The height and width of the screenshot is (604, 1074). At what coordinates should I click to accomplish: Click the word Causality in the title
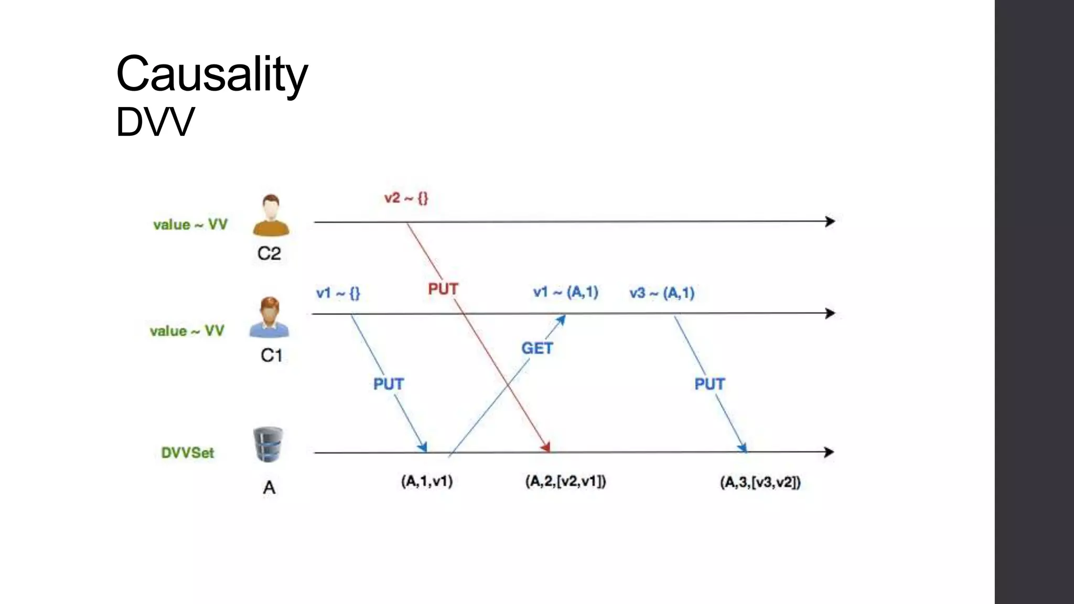(x=212, y=74)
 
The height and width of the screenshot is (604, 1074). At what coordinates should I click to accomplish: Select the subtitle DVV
(x=155, y=122)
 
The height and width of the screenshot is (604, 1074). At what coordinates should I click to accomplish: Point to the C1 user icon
(x=269, y=317)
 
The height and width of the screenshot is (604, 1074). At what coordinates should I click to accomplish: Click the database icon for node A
(x=268, y=445)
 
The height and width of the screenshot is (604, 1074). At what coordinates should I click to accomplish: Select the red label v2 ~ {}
(x=406, y=198)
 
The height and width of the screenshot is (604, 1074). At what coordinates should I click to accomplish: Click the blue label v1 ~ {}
(x=338, y=293)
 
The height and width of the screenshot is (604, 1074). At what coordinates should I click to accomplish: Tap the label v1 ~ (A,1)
(x=565, y=292)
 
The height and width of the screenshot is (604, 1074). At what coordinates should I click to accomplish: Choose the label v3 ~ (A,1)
(x=662, y=293)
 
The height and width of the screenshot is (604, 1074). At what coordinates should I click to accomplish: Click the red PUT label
(x=443, y=289)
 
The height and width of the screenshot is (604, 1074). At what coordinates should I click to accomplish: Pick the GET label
(x=537, y=348)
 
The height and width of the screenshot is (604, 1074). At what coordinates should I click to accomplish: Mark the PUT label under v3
(x=710, y=384)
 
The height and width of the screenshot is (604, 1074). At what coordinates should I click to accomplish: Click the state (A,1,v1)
(x=427, y=481)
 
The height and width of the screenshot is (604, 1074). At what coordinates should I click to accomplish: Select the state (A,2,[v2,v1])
(x=565, y=481)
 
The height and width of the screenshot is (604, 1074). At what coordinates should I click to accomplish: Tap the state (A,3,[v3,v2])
(x=760, y=482)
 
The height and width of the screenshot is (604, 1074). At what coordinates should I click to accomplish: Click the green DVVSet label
(x=188, y=452)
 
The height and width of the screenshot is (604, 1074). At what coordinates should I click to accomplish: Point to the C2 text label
(x=269, y=254)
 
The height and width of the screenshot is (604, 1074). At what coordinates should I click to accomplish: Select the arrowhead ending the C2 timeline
(x=830, y=221)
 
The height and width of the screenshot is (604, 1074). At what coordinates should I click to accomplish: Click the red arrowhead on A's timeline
(x=546, y=447)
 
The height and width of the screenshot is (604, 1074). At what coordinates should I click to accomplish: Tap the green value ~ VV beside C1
(x=187, y=331)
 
